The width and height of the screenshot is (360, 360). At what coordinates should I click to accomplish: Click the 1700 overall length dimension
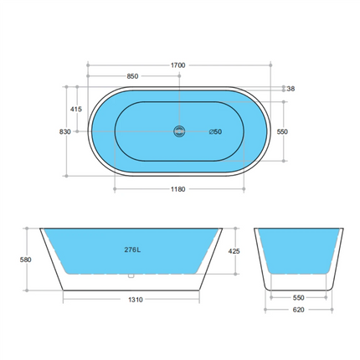click(177, 64)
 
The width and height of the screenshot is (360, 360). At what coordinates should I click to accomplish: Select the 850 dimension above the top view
click(132, 76)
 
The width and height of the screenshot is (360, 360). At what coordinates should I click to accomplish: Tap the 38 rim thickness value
click(291, 89)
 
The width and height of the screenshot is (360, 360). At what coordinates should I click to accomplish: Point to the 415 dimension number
click(76, 109)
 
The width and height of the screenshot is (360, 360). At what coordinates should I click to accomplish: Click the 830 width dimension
click(64, 131)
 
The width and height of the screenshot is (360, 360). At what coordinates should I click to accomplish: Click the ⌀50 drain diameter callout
click(214, 131)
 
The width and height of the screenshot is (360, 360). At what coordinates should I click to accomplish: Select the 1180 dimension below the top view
click(177, 188)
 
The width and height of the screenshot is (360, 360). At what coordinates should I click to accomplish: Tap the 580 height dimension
click(26, 260)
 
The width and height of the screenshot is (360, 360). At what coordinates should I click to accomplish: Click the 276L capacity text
click(131, 249)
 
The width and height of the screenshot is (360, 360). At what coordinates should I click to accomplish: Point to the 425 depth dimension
click(235, 249)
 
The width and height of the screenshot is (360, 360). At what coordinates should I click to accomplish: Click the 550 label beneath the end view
click(299, 297)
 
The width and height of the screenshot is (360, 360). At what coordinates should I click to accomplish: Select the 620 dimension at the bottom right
click(299, 309)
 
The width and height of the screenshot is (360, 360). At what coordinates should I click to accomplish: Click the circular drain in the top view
click(177, 131)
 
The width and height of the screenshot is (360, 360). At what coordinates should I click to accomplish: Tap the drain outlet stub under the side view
click(131, 276)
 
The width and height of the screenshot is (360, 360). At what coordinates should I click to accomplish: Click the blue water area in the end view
click(299, 251)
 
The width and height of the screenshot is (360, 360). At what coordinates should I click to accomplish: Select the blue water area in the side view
click(167, 251)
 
